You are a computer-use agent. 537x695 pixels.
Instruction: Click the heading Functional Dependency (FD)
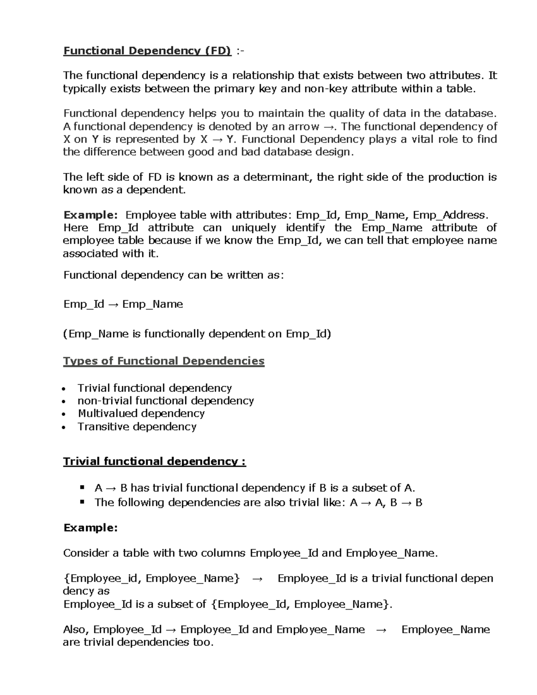147,51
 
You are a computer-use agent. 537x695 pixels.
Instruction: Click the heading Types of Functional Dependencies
164,361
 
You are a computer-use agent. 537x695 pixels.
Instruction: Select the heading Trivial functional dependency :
154,461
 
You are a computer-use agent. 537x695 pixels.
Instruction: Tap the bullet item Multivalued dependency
141,414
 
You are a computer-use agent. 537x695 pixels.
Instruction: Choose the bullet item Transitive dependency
137,426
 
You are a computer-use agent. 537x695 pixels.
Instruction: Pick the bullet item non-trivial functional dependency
166,401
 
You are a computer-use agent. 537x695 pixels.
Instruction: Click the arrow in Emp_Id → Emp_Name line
113,304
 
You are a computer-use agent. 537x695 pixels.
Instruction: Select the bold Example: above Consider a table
90,528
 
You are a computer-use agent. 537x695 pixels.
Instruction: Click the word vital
423,139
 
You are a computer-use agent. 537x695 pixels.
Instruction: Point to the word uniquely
254,228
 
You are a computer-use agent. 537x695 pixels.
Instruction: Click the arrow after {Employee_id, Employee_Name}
258,579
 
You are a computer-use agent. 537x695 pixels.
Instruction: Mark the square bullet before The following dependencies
82,502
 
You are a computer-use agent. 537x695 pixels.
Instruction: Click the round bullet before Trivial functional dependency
66,388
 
